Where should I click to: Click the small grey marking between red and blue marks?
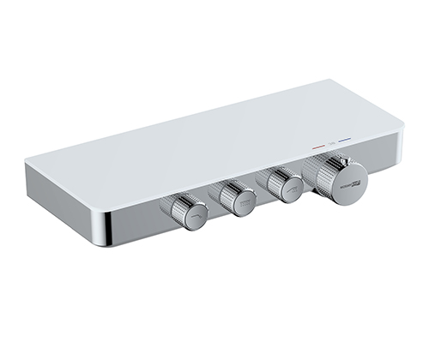(x=331, y=144)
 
